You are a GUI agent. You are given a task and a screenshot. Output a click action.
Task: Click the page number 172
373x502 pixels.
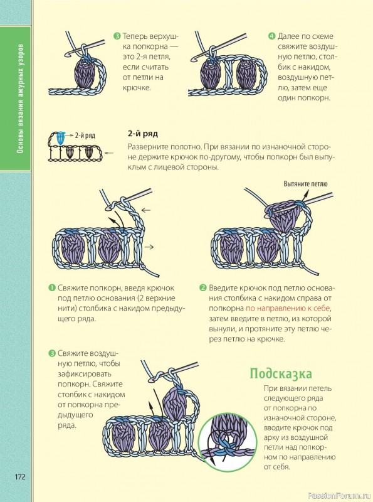[20, 476]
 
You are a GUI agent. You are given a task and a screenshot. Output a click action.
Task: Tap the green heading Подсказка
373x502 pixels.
[281, 373]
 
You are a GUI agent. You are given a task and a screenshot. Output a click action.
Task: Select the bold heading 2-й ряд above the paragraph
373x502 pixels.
[143, 134]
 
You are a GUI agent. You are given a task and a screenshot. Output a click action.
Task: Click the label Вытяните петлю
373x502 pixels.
[305, 184]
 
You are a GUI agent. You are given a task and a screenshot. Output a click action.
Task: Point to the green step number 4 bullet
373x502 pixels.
[272, 36]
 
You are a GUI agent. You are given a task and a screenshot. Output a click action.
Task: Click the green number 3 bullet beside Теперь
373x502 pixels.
[117, 36]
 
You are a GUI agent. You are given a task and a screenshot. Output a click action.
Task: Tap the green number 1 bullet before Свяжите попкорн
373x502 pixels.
[52, 287]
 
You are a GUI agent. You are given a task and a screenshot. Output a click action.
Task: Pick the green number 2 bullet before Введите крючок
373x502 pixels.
[203, 287]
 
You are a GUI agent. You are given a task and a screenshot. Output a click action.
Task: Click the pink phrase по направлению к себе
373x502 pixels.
[288, 308]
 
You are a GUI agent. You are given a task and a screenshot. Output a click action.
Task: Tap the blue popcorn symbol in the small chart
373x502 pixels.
[61, 138]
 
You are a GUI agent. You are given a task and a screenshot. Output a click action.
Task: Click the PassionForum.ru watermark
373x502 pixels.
[339, 496]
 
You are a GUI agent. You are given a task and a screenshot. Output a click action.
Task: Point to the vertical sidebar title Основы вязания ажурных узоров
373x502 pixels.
[20, 99]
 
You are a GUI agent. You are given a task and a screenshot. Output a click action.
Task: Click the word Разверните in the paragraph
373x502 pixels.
[146, 147]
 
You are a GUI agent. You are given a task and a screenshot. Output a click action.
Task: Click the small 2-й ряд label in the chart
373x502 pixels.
[85, 136]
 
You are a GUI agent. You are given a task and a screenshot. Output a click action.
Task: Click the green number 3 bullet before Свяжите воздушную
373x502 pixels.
[52, 353]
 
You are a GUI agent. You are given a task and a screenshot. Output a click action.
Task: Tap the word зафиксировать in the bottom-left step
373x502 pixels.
[85, 374]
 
